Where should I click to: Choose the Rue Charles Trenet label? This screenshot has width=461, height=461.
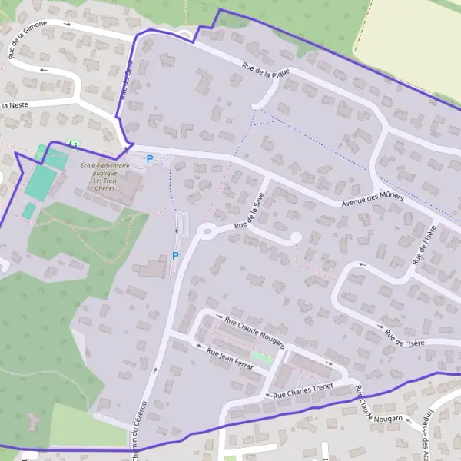307,392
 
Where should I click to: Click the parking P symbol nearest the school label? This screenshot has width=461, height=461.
150,159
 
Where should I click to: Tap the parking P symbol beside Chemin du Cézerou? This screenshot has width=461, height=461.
175,256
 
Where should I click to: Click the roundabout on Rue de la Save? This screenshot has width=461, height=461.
206,229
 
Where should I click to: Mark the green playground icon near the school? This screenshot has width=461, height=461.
74,143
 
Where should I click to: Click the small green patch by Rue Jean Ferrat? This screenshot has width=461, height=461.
262,357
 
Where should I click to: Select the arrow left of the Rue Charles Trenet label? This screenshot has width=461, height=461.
268,396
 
